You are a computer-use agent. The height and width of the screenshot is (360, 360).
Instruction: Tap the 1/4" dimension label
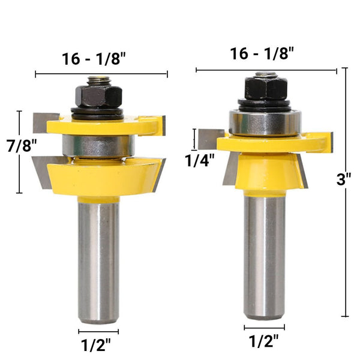pyautogui.click(x=199, y=161)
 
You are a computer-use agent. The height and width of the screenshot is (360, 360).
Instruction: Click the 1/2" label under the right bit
pyautogui.click(x=264, y=342)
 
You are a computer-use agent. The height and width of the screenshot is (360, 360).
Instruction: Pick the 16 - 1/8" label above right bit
pyautogui.click(x=265, y=53)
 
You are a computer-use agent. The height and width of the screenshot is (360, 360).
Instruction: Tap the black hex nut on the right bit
pyautogui.click(x=265, y=89)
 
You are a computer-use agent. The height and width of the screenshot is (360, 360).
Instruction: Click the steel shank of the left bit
pyautogui.click(x=98, y=258)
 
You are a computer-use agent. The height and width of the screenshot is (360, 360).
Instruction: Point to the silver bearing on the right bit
pyautogui.click(x=264, y=122)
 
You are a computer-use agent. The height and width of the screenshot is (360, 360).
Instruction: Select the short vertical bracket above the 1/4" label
pyautogui.click(x=194, y=139)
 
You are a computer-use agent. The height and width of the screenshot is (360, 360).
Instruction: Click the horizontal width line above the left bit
pyautogui.click(x=101, y=74)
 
